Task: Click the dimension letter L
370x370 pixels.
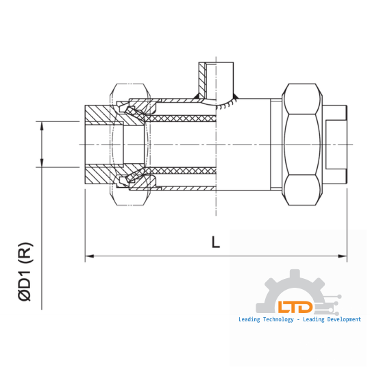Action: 216,242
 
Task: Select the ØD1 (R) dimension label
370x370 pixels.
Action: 25,271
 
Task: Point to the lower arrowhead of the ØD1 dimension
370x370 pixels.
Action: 43,164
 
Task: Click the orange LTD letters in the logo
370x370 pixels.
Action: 295,308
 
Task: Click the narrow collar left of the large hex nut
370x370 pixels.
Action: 276,144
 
